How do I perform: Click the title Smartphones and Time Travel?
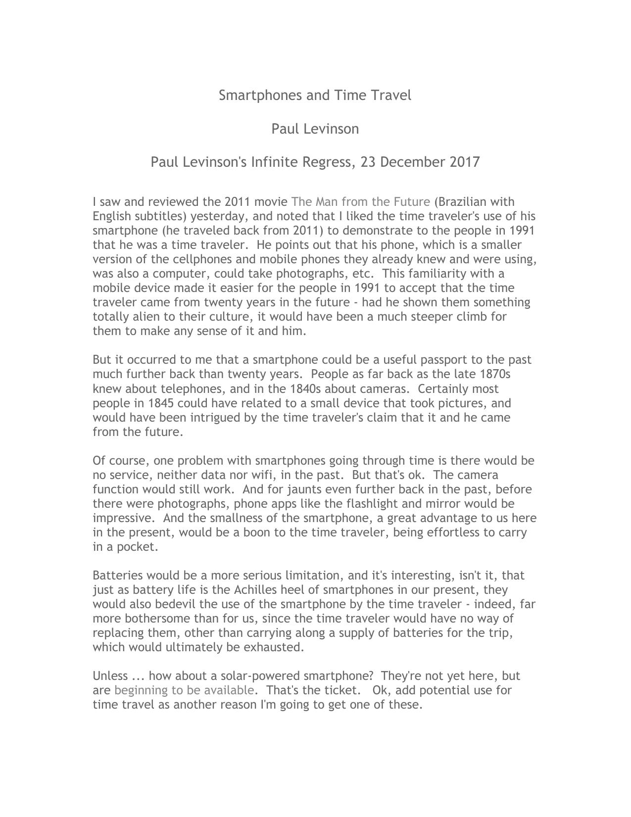coord(315,95)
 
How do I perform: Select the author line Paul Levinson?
coord(315,129)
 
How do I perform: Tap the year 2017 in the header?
coord(465,162)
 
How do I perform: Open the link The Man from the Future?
coord(360,202)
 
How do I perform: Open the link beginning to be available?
coord(184,690)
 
